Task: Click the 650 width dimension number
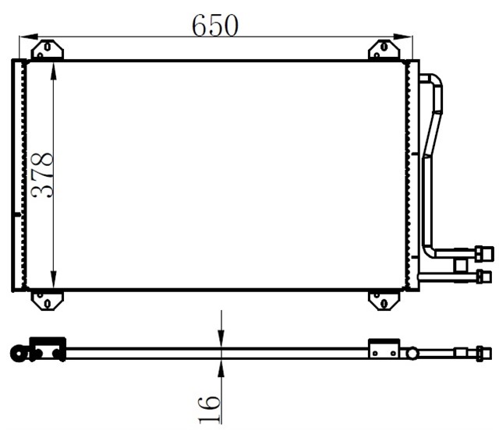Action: tap(215, 25)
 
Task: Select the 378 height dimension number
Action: tap(42, 174)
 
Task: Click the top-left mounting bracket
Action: tap(48, 50)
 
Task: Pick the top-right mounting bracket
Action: tap(384, 50)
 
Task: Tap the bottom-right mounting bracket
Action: tap(383, 300)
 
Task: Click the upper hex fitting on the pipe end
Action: tap(483, 253)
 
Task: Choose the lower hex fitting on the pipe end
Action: tap(483, 276)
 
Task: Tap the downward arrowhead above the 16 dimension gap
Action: tap(221, 340)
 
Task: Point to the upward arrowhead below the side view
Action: tap(221, 366)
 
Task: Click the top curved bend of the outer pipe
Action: tap(434, 79)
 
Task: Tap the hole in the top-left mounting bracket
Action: tap(48, 47)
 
